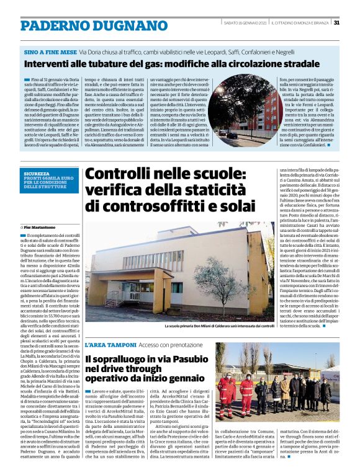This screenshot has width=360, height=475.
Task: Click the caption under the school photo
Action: coord(219,326)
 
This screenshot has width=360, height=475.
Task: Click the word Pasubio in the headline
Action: coord(191,358)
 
